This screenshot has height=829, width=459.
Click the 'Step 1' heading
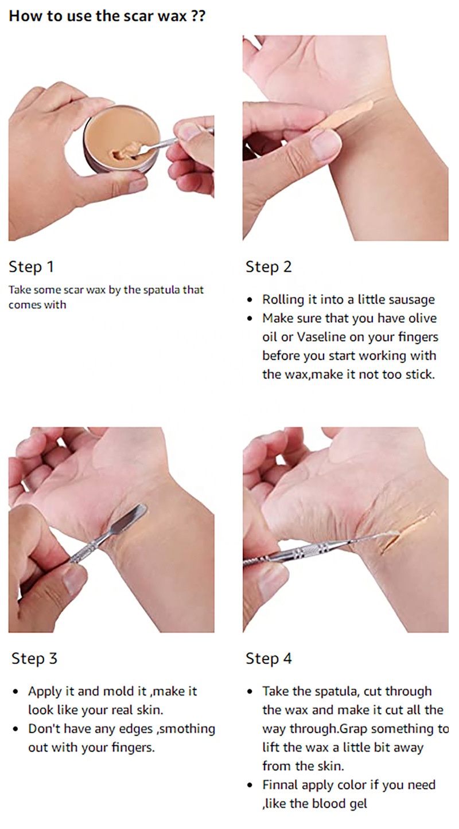[x=32, y=267]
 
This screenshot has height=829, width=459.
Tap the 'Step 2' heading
[x=269, y=267]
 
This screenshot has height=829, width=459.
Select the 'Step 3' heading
[x=34, y=658]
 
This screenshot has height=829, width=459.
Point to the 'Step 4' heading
[x=269, y=658]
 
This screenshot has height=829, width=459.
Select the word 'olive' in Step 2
[x=422, y=318]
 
